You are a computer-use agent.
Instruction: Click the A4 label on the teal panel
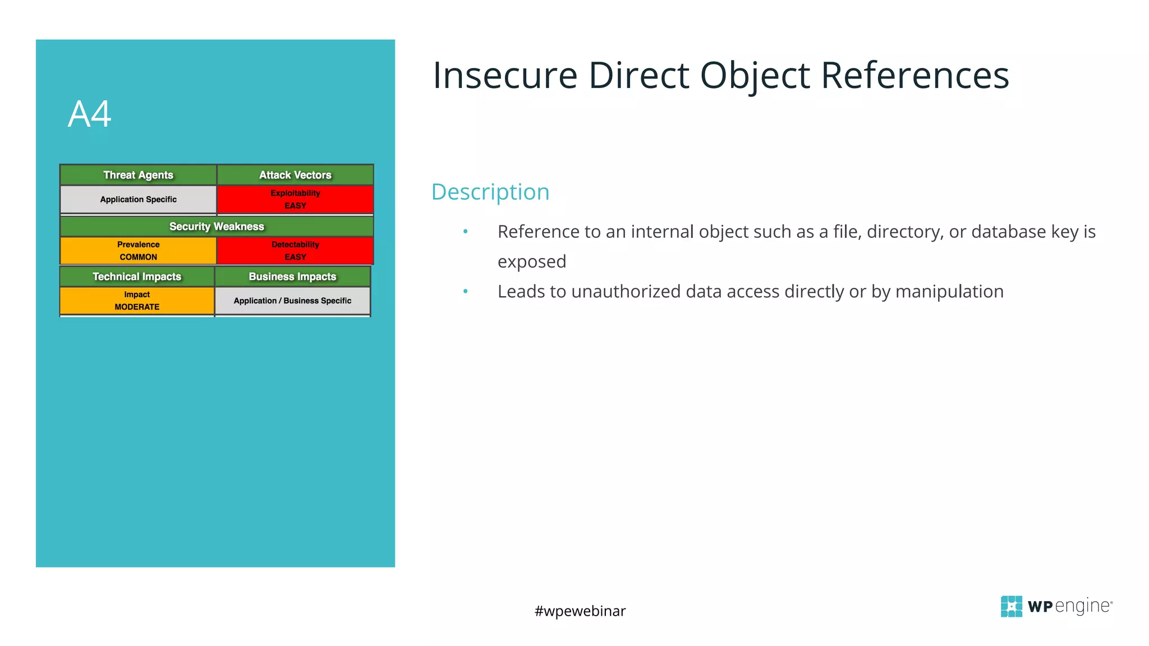coord(90,114)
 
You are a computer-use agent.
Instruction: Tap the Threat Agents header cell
coord(138,175)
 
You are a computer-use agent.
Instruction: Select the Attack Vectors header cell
coord(295,175)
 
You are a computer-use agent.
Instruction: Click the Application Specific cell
coord(138,200)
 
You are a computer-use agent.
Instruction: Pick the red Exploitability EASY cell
coord(295,200)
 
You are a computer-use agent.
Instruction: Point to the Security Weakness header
coord(217,227)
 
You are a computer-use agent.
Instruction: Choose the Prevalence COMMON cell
coord(138,251)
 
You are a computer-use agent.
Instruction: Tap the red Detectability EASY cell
coord(295,251)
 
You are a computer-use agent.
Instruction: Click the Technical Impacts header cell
coord(137,276)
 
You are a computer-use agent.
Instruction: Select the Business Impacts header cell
coord(292,276)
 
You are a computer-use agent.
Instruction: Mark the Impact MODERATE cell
coord(137,301)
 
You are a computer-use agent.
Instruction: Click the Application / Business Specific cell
coord(292,301)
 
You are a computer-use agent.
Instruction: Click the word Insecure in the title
coord(505,75)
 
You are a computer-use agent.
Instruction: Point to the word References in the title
coord(914,75)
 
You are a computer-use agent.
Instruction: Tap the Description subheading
coord(490,192)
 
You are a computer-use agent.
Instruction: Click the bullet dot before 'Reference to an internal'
coord(465,232)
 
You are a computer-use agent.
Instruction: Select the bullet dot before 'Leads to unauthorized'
coord(465,292)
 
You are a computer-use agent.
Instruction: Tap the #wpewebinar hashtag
coord(580,611)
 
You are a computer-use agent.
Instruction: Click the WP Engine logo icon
coord(1011,606)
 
